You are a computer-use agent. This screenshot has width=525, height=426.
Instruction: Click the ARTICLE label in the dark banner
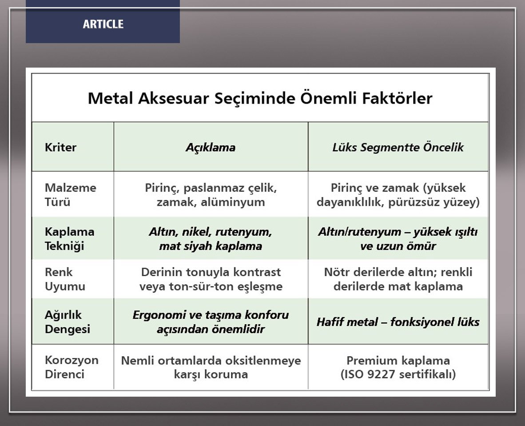[x=103, y=24]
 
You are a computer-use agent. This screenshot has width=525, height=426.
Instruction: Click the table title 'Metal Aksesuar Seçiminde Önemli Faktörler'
[x=260, y=98]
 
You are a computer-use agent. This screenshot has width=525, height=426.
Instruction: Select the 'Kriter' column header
[x=61, y=147]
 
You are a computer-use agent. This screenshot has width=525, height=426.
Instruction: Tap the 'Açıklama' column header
[x=211, y=147]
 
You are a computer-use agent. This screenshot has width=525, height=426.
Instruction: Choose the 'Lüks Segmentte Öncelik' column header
[x=398, y=147]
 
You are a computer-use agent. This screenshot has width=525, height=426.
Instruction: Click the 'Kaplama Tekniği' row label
[x=69, y=239]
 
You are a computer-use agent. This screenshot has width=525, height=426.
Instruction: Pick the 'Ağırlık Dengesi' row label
[x=68, y=322]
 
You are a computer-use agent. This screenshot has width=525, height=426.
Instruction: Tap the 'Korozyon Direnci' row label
[x=72, y=367]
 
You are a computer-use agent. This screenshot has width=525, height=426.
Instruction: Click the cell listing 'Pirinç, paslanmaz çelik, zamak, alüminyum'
[x=211, y=195]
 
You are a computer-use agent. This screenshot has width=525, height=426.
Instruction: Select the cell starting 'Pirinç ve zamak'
[x=398, y=195]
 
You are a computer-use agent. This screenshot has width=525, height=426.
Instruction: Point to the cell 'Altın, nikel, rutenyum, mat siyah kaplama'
[x=211, y=239]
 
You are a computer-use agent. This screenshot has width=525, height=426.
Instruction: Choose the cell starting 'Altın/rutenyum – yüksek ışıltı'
[x=398, y=239]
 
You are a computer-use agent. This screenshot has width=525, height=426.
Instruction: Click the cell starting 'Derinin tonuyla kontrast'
[x=211, y=279]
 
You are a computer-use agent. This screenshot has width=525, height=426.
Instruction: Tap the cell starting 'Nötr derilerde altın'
[x=398, y=279]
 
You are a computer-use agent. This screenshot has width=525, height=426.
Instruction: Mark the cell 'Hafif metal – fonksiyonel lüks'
[x=398, y=322]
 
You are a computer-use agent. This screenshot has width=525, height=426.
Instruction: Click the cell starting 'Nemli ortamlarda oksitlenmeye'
[x=211, y=367]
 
